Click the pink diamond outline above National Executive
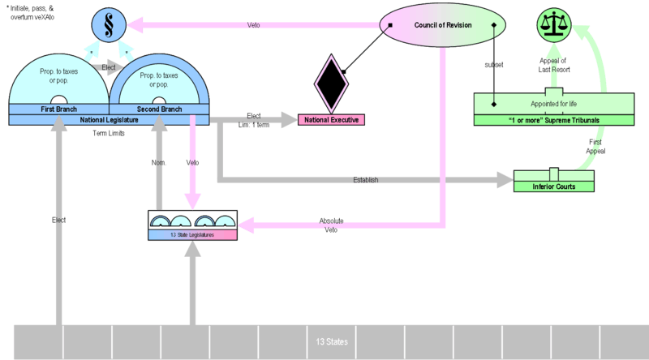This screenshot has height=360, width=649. point(331,81)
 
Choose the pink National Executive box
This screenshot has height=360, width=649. point(332,120)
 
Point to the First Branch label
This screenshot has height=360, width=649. point(59,109)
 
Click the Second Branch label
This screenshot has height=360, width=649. point(158,109)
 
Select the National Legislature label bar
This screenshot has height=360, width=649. point(110,119)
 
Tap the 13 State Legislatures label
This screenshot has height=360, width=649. point(192,234)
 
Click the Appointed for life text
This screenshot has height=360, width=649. point(554,104)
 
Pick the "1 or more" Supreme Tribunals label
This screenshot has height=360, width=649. point(554,120)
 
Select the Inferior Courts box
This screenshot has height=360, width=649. point(554,186)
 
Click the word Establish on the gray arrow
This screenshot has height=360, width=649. point(366,179)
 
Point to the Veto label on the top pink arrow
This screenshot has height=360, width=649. point(253,25)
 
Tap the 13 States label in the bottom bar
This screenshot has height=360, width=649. point(332,342)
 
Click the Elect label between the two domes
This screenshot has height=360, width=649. point(108,67)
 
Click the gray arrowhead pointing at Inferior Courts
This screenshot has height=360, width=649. point(505,178)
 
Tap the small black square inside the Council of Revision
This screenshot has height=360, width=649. point(390,24)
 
